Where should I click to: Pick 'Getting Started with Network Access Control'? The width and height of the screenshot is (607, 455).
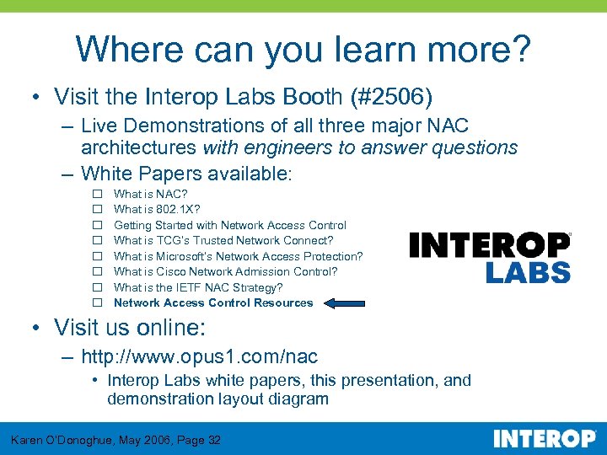(x=229, y=225)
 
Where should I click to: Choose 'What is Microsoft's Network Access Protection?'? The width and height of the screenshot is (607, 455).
(x=238, y=256)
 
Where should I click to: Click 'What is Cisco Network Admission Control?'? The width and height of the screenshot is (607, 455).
(x=225, y=271)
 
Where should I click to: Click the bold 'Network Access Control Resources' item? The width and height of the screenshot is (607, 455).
(x=213, y=303)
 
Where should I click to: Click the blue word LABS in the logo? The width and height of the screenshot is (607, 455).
(x=528, y=272)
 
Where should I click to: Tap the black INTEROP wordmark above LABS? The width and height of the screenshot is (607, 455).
(x=490, y=244)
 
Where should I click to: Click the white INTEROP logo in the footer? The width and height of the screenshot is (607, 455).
(x=544, y=439)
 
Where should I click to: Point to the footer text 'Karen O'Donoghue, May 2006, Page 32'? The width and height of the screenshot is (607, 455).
(x=115, y=440)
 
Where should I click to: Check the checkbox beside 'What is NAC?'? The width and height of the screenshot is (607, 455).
(x=97, y=195)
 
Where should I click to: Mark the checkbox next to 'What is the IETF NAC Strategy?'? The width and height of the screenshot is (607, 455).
(x=97, y=287)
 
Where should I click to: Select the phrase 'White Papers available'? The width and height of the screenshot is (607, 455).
(x=184, y=174)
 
